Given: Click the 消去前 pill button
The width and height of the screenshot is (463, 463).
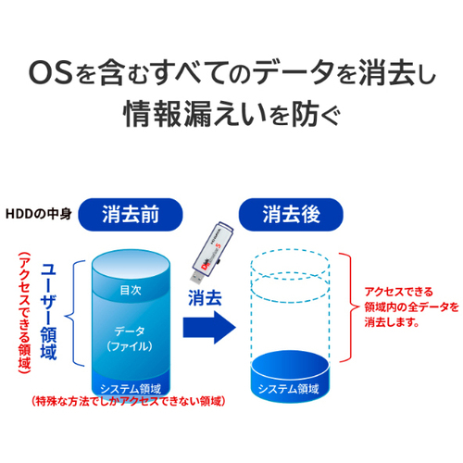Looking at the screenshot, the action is coord(131,215).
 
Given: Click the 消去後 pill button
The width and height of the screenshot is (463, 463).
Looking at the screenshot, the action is coord(291,215).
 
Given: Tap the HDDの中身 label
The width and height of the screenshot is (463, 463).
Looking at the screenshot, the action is coord(39,214).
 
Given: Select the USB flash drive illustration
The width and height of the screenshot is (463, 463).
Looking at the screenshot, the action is coord(211,252).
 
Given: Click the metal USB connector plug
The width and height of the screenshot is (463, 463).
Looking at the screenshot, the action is coord(195,276).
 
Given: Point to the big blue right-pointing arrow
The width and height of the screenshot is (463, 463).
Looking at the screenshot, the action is coord(209,327).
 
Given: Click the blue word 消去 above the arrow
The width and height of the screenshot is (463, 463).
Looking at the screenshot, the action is coord(205,298).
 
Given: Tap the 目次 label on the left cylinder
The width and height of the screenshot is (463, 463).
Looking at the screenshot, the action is coord(131,290).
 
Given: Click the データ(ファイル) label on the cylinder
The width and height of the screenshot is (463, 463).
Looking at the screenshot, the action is coord(130,339).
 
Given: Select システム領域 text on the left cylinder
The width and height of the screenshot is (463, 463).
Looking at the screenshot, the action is coord(131,388).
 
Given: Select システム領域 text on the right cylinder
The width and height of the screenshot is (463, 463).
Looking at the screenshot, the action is coord(289,389).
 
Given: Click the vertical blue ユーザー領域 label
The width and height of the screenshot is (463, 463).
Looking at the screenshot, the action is coord(48,311).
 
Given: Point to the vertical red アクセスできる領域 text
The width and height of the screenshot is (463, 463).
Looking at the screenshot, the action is coord(24,313).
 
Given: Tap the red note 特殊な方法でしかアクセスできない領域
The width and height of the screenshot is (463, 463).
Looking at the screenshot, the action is coord(129,401).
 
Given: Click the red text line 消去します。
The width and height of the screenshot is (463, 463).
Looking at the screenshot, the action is coord(392,322).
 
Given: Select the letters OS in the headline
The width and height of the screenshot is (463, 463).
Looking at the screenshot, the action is coord(51,73).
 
